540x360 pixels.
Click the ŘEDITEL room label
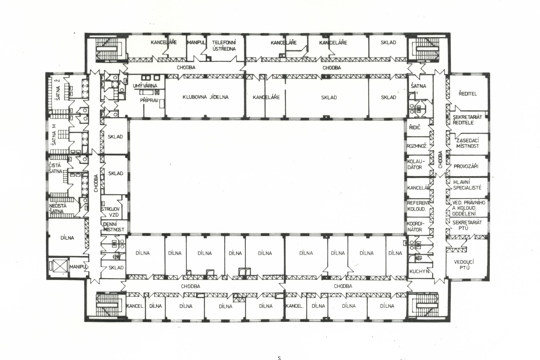coord(468,94)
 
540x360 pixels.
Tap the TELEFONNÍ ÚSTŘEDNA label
coord(224,46)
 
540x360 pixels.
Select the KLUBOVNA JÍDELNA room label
coord(206,97)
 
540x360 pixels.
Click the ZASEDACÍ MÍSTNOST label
coord(468,143)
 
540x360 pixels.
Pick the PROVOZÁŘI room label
coord(466,166)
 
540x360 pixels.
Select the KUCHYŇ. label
coord(420,271)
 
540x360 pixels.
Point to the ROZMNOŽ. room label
coord(417,146)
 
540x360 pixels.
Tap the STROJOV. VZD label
coord(111,212)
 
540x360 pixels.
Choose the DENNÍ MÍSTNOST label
coord(114,227)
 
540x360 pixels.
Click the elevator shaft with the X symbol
coord(58,266)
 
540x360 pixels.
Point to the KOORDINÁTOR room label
coord(415,227)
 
